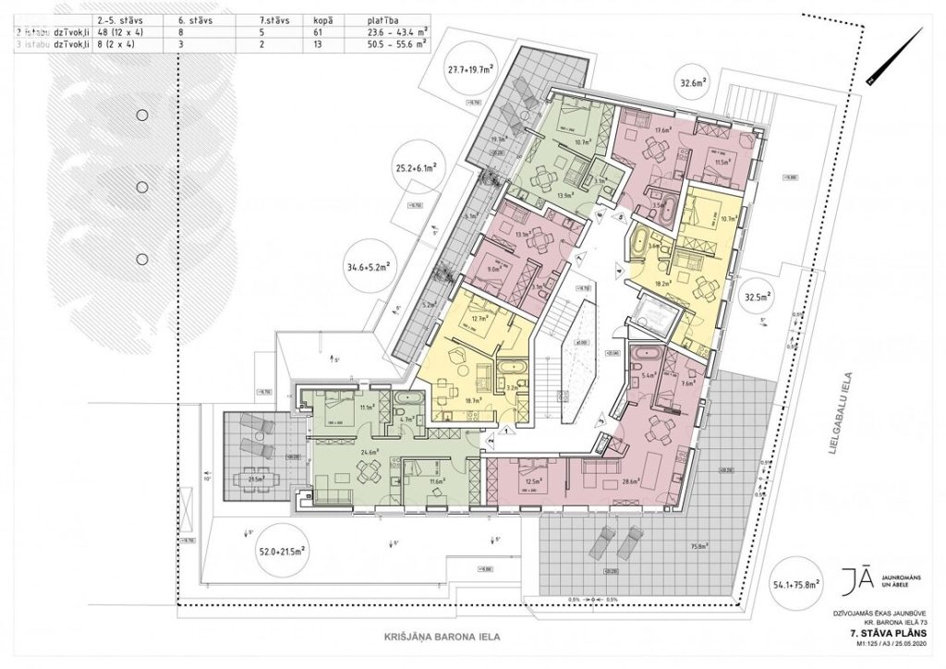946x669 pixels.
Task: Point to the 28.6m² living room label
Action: pyautogui.click(x=631, y=483)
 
